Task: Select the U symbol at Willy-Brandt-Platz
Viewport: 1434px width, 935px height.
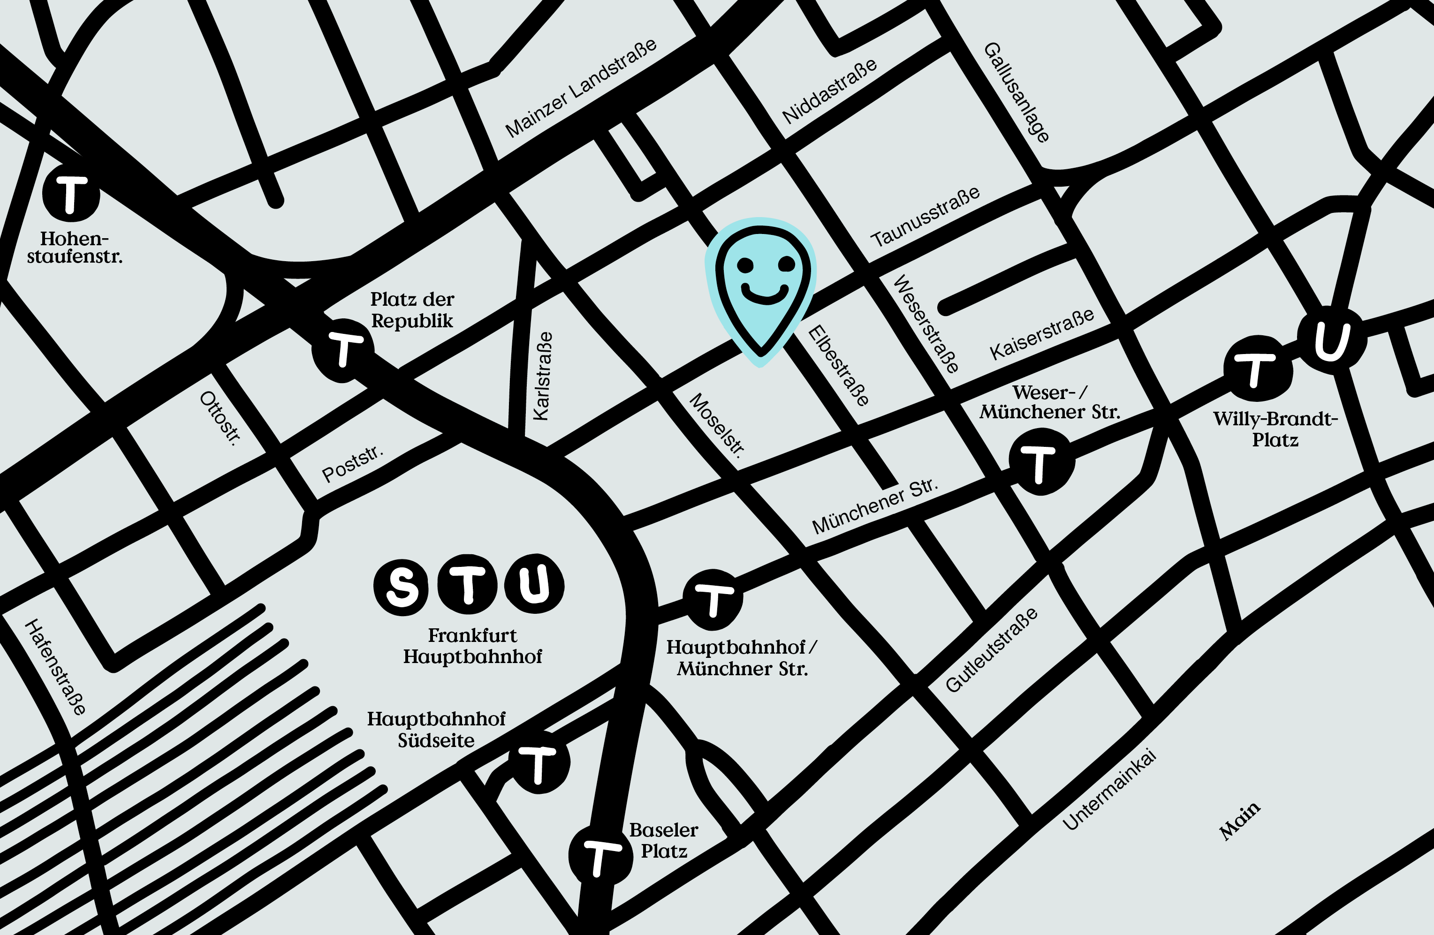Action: pos(1332,339)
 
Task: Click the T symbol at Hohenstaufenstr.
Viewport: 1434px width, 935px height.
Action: pos(71,194)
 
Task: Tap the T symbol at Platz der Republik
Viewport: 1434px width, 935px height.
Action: pos(343,350)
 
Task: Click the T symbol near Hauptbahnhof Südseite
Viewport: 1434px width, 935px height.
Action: pos(539,763)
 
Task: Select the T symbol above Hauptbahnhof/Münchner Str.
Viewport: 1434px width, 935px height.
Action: pos(713,599)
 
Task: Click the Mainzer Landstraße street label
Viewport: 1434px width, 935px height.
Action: pos(581,89)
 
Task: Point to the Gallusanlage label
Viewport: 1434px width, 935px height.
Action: pos(1017,92)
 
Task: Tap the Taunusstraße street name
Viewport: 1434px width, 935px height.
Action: pos(926,217)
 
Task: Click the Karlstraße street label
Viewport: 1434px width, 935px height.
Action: pos(542,376)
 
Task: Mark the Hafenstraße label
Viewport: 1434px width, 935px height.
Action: pos(55,667)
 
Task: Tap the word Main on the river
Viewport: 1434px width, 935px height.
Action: pos(1239,821)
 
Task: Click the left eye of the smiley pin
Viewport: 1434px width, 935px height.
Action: pos(745,264)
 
